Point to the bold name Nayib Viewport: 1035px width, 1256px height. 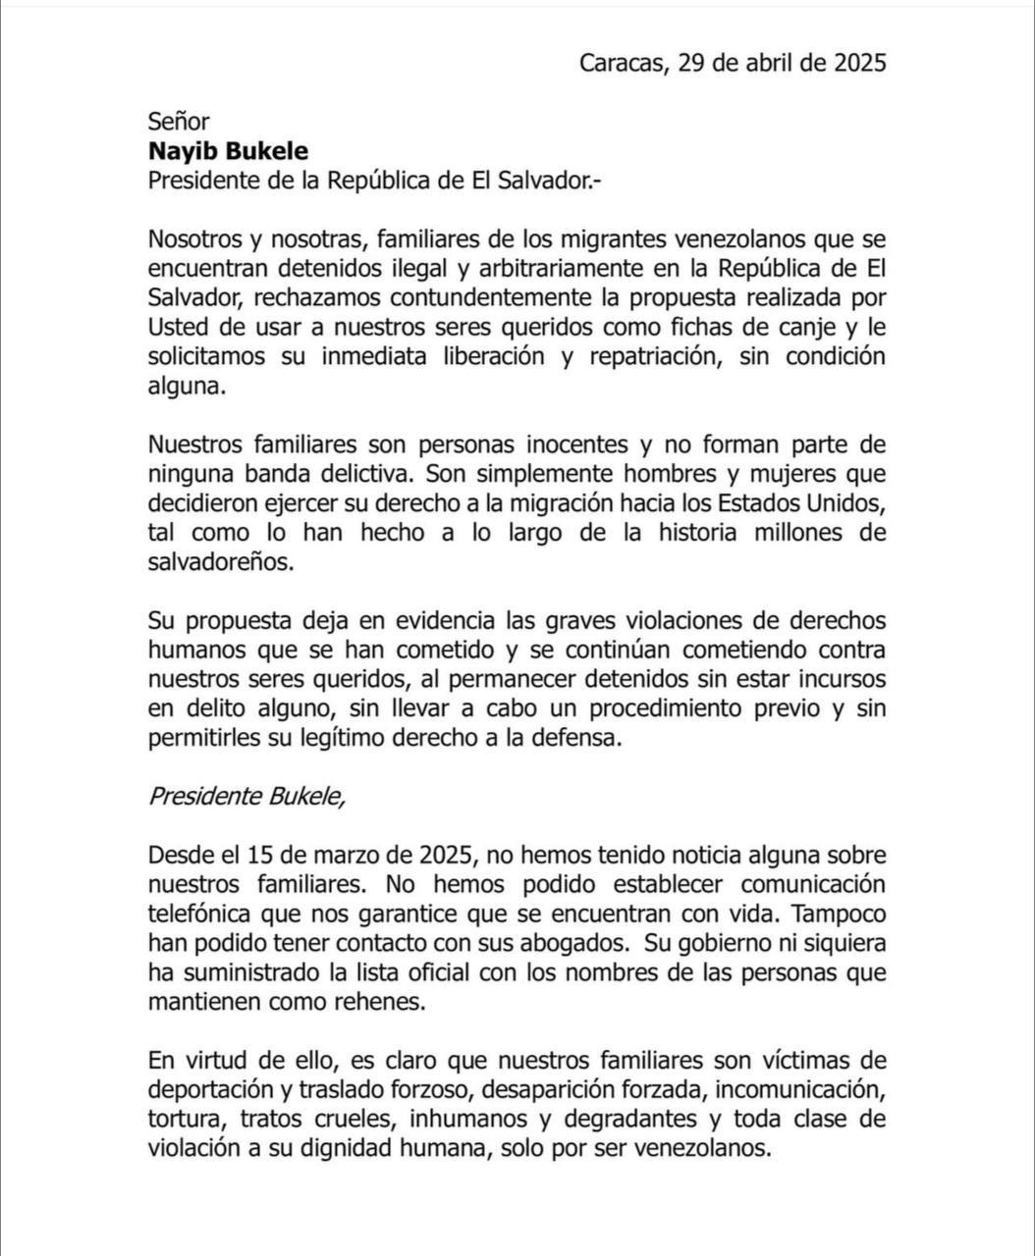pos(183,151)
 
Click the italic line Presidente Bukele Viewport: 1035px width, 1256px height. pos(246,797)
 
